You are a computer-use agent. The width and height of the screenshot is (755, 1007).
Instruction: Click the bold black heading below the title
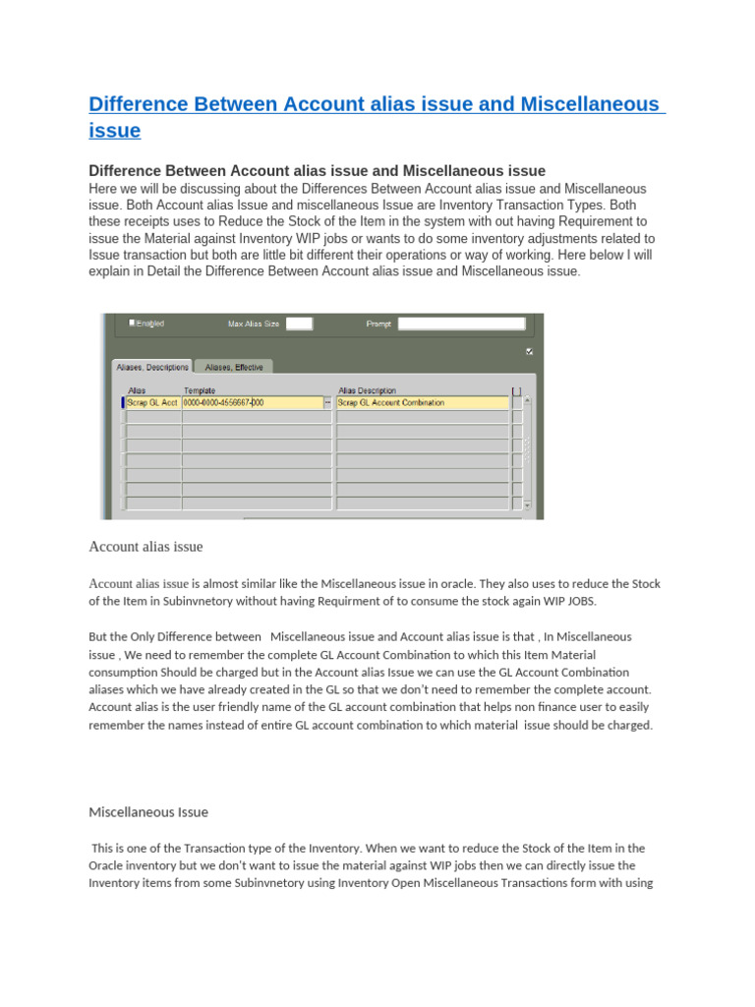[317, 171]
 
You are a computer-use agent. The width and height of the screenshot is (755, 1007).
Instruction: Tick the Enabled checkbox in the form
[133, 322]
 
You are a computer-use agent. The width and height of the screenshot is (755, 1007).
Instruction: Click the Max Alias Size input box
[299, 323]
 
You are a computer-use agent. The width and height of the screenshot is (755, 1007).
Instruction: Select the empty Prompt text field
[467, 323]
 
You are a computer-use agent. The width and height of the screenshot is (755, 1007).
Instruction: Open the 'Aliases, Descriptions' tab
[151, 367]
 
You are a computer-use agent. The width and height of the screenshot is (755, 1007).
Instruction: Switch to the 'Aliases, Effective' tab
[234, 367]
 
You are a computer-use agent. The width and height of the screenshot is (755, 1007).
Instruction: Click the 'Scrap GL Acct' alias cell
[152, 402]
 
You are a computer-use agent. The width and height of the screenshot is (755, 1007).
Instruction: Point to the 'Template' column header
[200, 390]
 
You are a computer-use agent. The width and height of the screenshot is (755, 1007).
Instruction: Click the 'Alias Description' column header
[367, 390]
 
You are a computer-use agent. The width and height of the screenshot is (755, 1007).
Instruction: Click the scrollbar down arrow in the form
[527, 505]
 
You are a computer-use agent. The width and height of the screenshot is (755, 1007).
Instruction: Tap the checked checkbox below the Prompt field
[530, 351]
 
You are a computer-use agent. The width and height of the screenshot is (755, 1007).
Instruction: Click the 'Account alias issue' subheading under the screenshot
[145, 547]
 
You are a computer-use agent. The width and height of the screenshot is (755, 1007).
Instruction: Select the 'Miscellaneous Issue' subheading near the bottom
[148, 812]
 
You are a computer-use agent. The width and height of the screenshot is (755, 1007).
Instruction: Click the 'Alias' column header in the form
[137, 390]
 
